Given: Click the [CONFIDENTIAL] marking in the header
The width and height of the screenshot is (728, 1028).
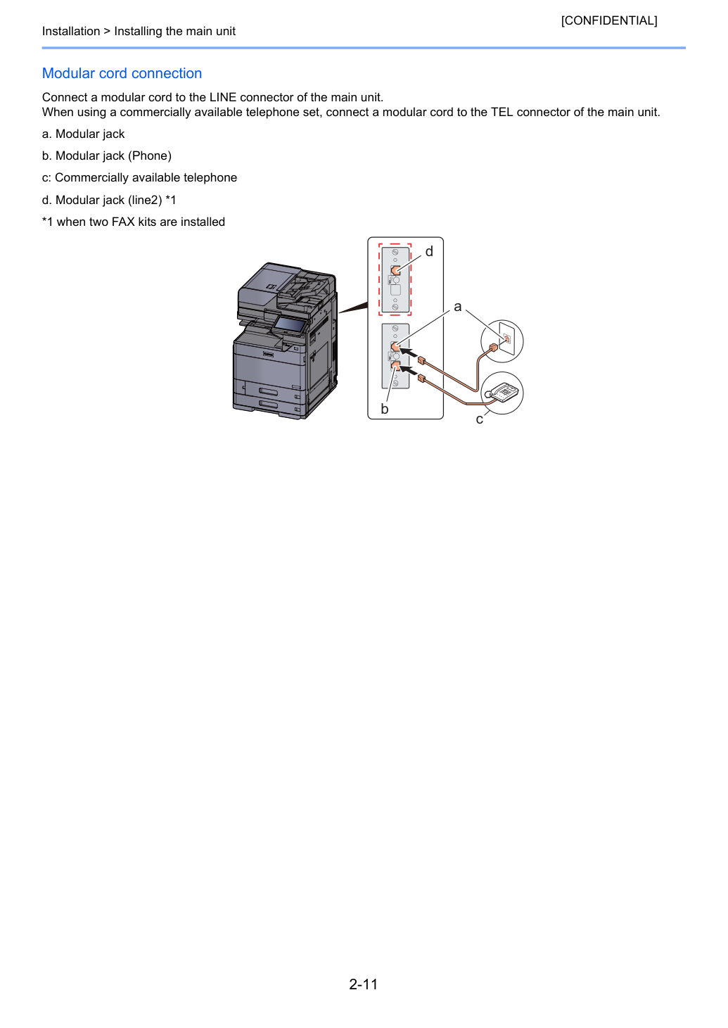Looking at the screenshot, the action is (x=608, y=20).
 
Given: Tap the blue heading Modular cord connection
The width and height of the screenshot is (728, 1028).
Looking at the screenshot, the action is (x=122, y=73).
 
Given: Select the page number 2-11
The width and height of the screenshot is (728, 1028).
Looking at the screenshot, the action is (x=364, y=984).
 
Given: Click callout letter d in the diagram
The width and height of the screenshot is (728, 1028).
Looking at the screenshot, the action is (x=429, y=251).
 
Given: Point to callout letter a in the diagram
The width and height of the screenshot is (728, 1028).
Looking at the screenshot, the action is (x=457, y=307).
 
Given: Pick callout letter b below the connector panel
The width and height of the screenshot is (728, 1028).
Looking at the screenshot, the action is (x=385, y=409).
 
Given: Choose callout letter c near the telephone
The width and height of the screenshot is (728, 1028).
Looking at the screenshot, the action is (x=480, y=419).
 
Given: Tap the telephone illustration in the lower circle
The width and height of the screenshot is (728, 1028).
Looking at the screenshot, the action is (x=503, y=393).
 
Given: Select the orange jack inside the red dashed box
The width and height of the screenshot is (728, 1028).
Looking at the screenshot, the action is (x=395, y=270).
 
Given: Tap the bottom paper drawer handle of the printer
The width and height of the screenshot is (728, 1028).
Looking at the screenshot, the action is (x=269, y=404).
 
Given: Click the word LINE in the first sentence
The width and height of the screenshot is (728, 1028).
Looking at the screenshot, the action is (x=223, y=97).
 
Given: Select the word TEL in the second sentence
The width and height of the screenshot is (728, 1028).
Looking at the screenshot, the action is (x=502, y=112).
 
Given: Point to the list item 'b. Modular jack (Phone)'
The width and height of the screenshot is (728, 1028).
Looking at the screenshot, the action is (x=107, y=156).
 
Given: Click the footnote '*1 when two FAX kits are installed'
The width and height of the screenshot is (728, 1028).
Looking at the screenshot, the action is (x=134, y=222).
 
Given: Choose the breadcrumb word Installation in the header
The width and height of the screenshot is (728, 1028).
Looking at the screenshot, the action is (x=71, y=31).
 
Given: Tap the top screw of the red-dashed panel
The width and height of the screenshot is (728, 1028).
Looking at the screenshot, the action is (x=395, y=253).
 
